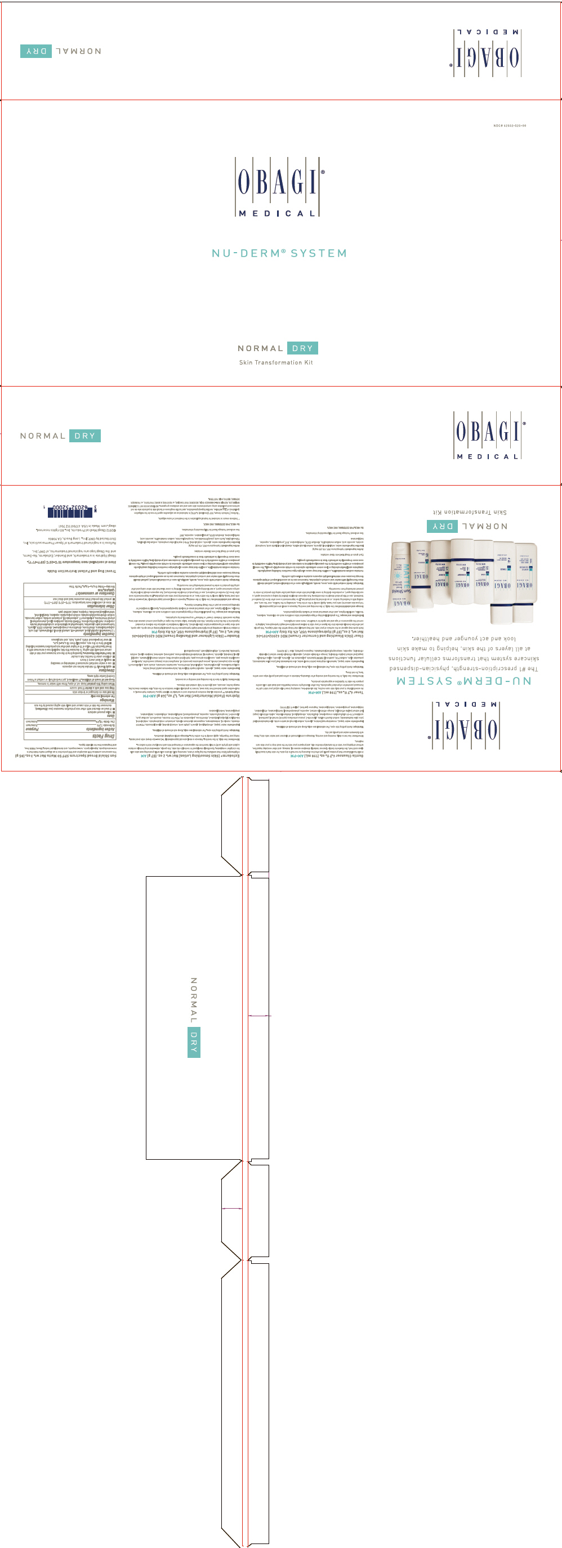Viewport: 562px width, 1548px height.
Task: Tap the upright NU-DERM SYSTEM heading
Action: pos(279,254)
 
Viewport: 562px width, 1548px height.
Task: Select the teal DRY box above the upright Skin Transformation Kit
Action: pos(302,348)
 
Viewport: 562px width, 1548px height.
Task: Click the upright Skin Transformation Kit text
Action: pos(276,362)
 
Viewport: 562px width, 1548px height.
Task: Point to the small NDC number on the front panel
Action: pos(509,125)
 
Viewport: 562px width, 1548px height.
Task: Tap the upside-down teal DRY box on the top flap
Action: pos(36,51)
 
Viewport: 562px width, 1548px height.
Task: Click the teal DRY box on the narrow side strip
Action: pos(85,436)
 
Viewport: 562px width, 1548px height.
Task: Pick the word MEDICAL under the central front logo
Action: pos(277,213)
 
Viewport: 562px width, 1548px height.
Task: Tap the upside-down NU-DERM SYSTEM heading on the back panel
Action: pos(463,681)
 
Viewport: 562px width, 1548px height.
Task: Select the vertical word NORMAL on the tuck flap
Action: pos(194,1000)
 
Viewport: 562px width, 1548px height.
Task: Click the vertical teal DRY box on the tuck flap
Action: pos(194,1042)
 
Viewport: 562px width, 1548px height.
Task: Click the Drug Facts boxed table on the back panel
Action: pos(70,661)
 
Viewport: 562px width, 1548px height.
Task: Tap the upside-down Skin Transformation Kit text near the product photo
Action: pos(470,512)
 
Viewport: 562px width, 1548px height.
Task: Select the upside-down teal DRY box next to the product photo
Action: pos(443,526)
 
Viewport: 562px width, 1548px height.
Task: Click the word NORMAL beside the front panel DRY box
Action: pos(260,348)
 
